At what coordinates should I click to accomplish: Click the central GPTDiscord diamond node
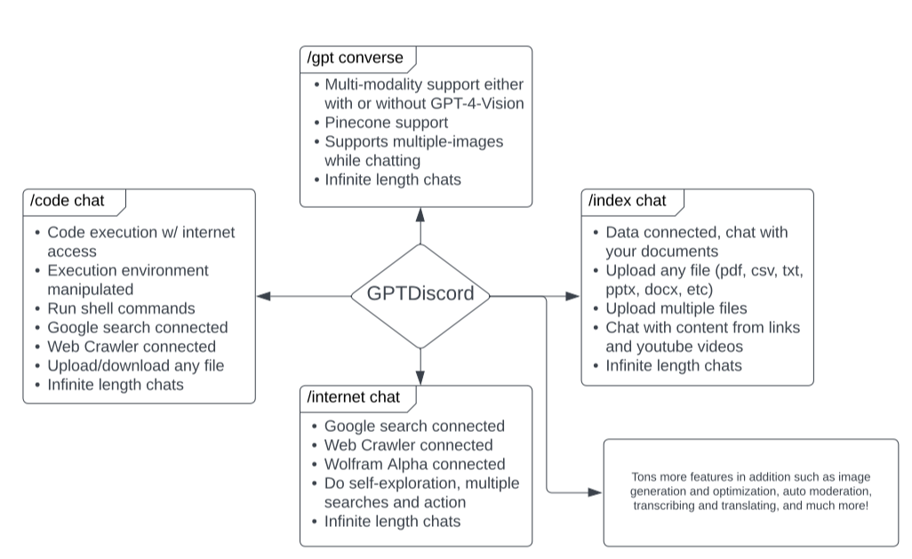tap(420, 294)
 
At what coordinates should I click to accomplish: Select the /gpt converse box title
tap(356, 59)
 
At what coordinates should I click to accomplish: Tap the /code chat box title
tap(68, 201)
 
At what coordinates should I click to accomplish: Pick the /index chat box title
tap(628, 201)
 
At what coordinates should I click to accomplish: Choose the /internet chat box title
tap(354, 396)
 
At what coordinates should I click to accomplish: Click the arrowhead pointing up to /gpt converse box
tap(420, 214)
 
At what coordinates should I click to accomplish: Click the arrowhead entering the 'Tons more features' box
tap(596, 491)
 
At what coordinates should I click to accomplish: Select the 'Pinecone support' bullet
tap(386, 123)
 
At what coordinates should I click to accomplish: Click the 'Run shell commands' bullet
tap(121, 308)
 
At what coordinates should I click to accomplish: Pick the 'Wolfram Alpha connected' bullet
tap(414, 464)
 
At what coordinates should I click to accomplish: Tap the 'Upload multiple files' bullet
tap(676, 308)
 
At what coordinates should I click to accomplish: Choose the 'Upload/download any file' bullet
tap(135, 365)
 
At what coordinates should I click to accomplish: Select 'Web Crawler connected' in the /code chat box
tap(132, 347)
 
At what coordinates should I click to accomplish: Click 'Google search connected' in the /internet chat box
tap(414, 426)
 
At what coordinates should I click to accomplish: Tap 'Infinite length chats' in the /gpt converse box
tap(393, 180)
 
